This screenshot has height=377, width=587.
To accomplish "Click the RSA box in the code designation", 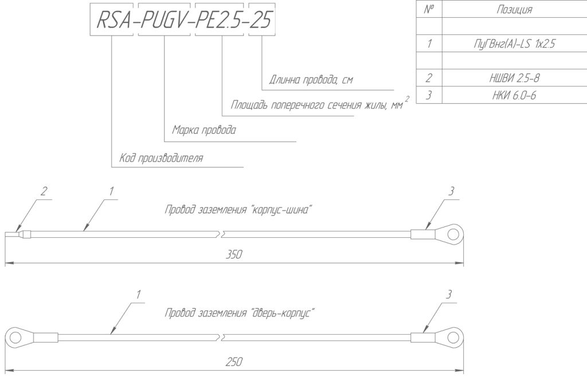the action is [x=112, y=19].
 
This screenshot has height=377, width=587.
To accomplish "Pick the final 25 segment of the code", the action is [x=262, y=19].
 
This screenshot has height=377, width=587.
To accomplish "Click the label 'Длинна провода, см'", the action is [x=311, y=80].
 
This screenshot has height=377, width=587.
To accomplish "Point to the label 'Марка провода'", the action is [x=204, y=130].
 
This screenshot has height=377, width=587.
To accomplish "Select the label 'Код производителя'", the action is [x=161, y=158].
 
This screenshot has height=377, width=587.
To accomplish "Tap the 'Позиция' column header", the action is [x=514, y=9].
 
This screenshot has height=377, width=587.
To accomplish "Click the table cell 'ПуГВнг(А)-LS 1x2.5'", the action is [x=514, y=44].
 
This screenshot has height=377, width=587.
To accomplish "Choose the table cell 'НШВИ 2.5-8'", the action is [x=514, y=78].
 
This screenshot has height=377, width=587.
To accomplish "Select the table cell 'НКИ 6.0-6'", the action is [x=514, y=95].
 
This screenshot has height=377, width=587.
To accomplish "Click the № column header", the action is [x=429, y=9].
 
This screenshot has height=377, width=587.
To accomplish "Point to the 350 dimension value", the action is [x=234, y=255].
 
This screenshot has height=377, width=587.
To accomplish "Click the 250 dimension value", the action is [x=234, y=362].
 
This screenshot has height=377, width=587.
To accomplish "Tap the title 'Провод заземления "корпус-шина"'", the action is [x=238, y=210].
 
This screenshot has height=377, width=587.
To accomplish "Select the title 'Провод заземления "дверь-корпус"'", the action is [x=240, y=313].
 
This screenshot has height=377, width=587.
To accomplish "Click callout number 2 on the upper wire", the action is [x=44, y=191].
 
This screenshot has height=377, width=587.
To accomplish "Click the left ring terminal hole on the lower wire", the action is [x=15, y=337].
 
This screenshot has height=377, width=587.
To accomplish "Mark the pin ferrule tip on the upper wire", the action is [x=5, y=235].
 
